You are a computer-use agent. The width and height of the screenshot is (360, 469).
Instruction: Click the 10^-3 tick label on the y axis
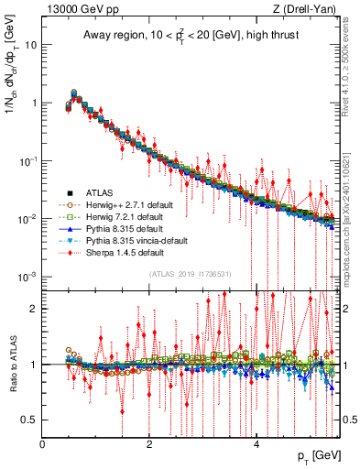click(x=27, y=276)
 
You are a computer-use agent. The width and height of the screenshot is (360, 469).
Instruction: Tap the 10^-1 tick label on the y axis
click(x=27, y=159)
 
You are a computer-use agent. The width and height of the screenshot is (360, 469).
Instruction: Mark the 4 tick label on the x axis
click(x=256, y=443)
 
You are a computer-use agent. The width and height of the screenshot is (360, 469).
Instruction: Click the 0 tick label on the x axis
click(x=43, y=443)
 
